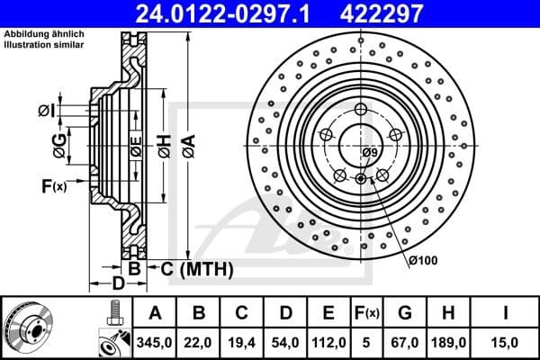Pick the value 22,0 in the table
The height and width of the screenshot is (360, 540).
199,342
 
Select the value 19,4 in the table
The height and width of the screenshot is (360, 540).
242,342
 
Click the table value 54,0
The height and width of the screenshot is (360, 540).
285,342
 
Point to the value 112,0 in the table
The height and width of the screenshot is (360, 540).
328,342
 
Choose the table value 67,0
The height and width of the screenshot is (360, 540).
404,342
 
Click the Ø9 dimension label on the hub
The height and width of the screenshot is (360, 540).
370,153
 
